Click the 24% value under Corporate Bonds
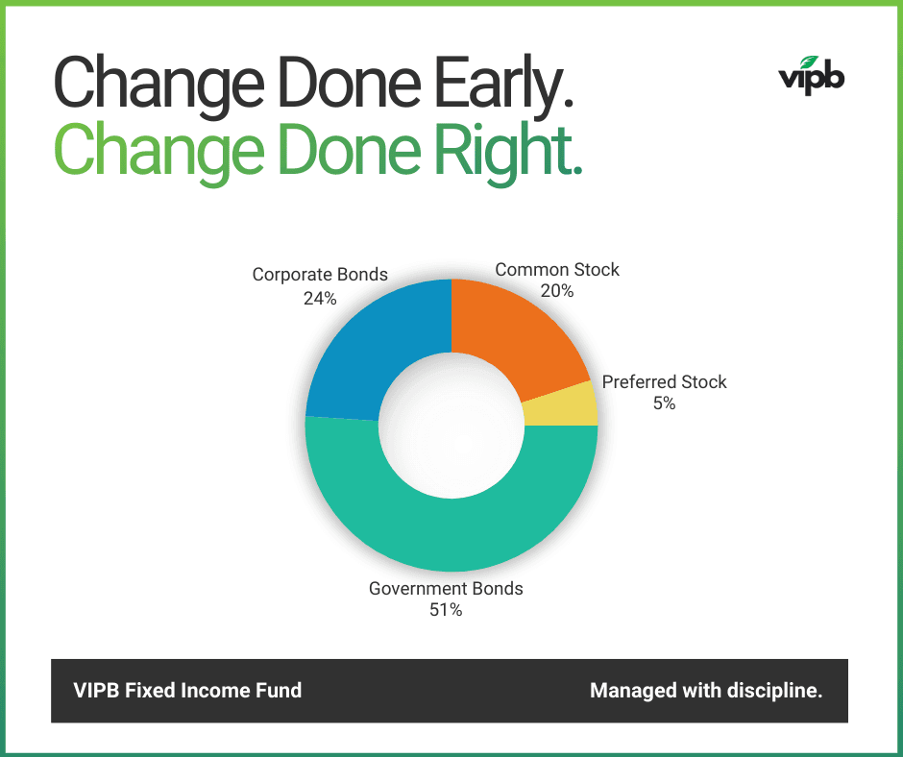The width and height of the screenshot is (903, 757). pyautogui.click(x=320, y=298)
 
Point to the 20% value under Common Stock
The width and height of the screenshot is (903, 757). pyautogui.click(x=557, y=290)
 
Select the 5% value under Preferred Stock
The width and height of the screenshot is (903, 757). pyautogui.click(x=665, y=403)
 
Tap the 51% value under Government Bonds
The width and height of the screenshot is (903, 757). pyautogui.click(x=446, y=610)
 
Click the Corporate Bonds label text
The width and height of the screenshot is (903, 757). pyautogui.click(x=320, y=275)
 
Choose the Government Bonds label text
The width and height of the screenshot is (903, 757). pyautogui.click(x=446, y=588)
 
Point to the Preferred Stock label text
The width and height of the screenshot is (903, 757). pyautogui.click(x=665, y=381)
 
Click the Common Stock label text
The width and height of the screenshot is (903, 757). pyautogui.click(x=557, y=269)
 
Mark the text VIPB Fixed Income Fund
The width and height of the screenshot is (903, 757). pyautogui.click(x=187, y=690)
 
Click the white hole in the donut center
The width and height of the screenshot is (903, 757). pyautogui.click(x=451, y=426)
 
